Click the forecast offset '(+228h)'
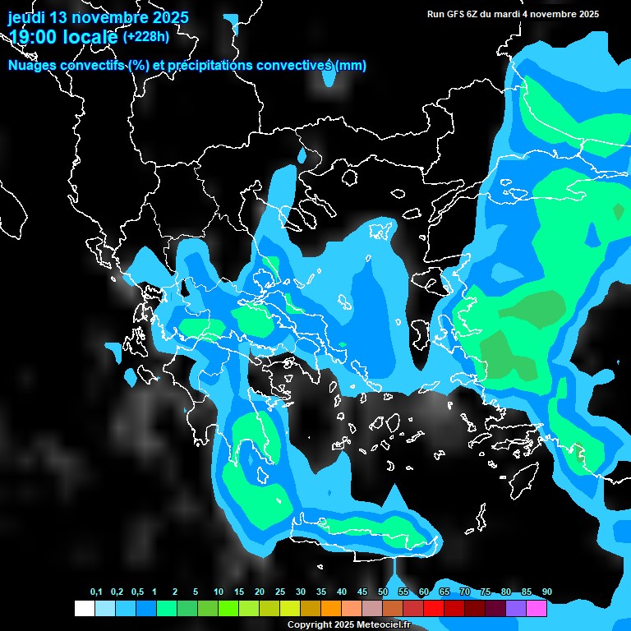tap(145, 36)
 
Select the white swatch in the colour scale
tap(85, 609)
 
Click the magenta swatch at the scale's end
tap(537, 609)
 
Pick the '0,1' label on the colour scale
tap(96, 592)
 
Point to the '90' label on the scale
tap(547, 592)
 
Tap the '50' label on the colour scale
tap(383, 592)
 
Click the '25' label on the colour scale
tap(280, 592)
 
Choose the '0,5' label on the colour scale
tap(137, 592)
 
